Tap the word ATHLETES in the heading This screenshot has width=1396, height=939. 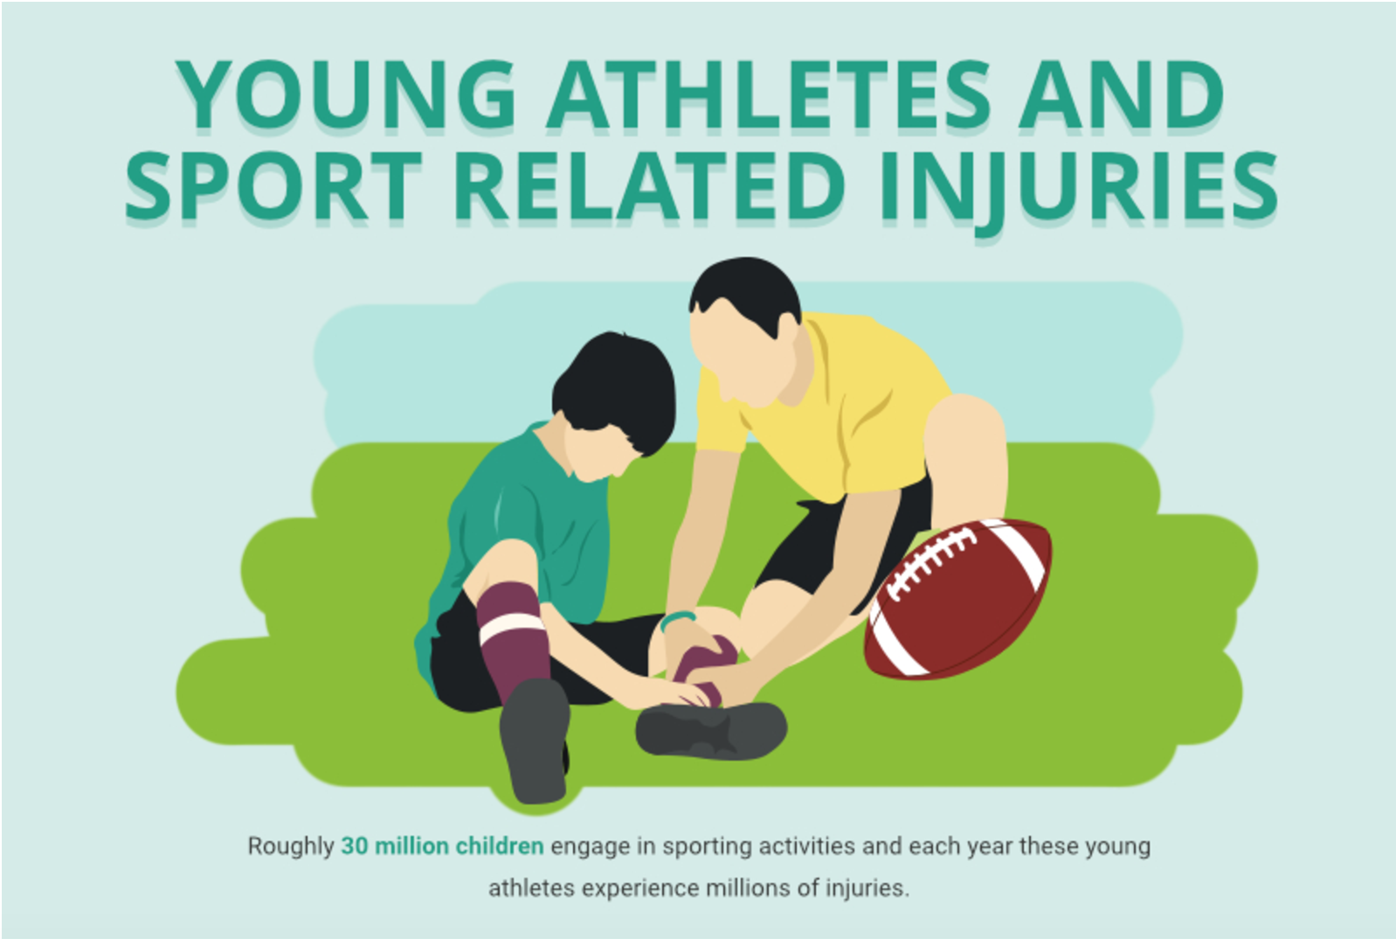[x=770, y=94]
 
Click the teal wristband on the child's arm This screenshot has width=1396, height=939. [x=677, y=620]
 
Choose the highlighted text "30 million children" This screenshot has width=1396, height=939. [x=442, y=846]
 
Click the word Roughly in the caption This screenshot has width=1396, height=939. [x=291, y=846]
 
